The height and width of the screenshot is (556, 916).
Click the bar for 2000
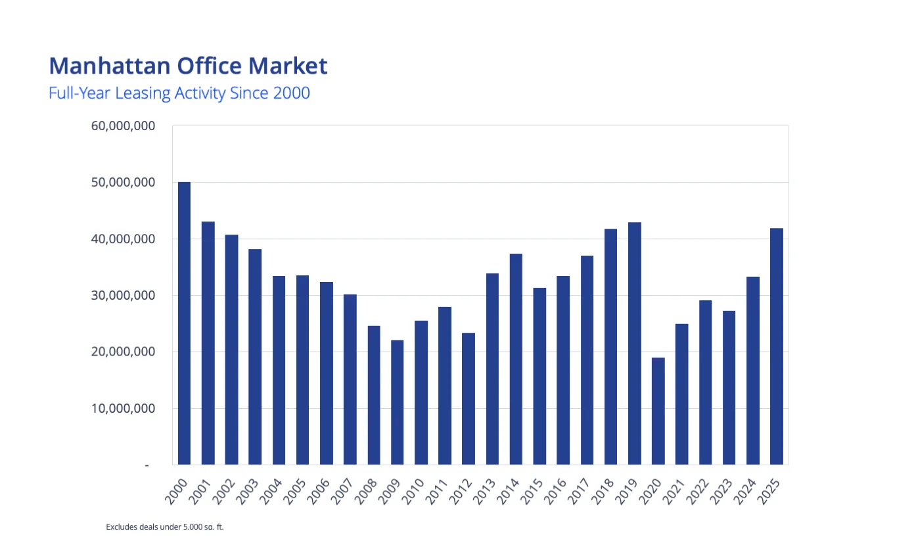184,323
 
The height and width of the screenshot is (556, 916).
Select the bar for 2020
658,411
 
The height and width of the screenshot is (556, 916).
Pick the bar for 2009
397,402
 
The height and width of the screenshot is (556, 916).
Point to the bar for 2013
492,369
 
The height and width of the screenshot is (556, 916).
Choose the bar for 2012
469,398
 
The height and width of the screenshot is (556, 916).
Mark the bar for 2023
729,387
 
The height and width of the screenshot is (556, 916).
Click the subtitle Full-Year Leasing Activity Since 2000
179,93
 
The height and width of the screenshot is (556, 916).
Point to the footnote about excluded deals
165,526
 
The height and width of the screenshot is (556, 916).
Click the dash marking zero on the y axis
147,465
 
